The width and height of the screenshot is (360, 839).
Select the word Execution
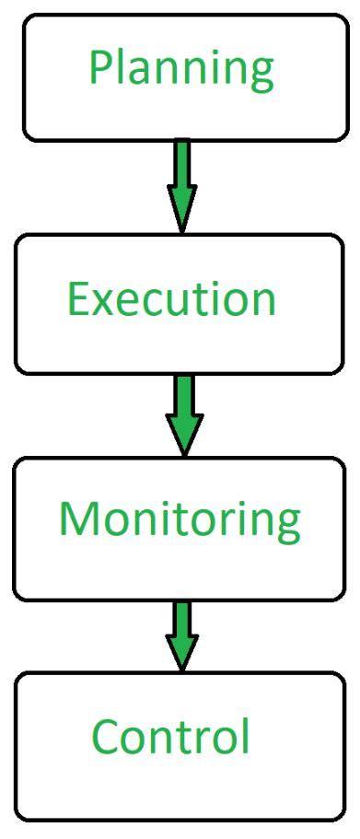pyautogui.click(x=171, y=298)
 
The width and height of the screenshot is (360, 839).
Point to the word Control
pyautogui.click(x=171, y=736)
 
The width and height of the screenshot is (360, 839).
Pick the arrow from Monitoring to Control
pyautogui.click(x=182, y=635)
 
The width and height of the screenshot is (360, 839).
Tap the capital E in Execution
pyautogui.click(x=79, y=298)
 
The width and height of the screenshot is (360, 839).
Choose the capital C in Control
pyautogui.click(x=106, y=736)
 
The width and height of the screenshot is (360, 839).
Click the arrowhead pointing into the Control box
pyautogui.click(x=182, y=655)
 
